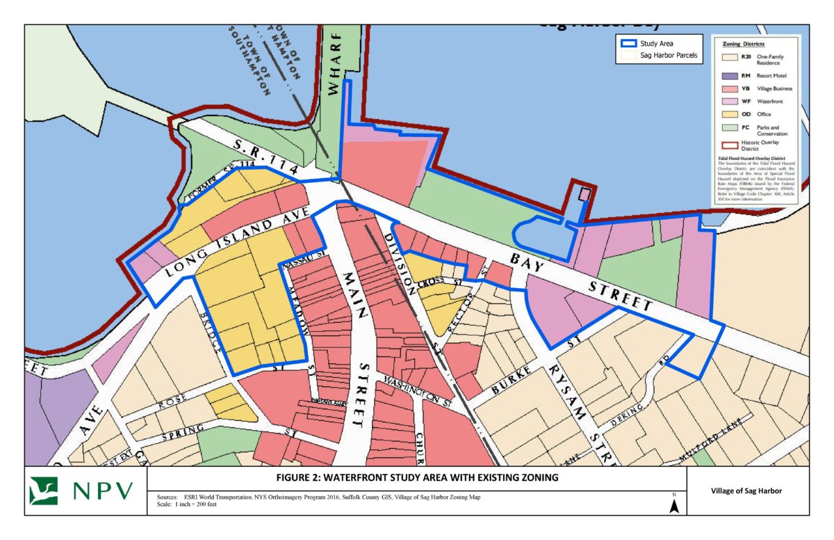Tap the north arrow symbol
point(673,506)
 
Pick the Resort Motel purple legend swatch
point(729,76)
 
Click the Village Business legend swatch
point(729,88)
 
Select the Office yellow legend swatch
point(729,114)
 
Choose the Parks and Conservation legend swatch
point(729,129)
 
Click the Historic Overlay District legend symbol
point(729,145)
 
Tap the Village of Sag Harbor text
point(747,491)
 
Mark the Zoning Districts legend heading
point(744,43)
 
